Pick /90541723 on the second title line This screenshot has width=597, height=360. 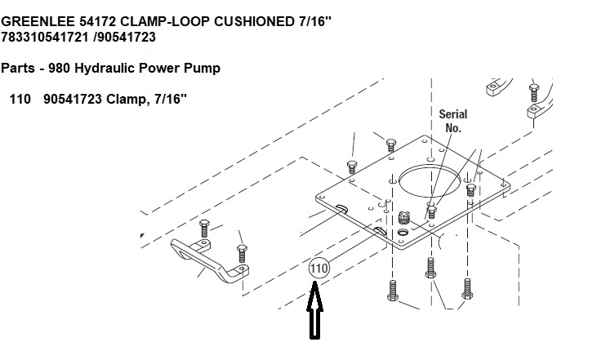point(124,37)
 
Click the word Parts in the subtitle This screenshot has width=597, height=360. point(18,69)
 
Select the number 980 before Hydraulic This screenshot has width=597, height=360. point(57,69)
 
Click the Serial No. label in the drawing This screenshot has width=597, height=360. point(453,121)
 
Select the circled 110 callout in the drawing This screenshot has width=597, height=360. point(318,268)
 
